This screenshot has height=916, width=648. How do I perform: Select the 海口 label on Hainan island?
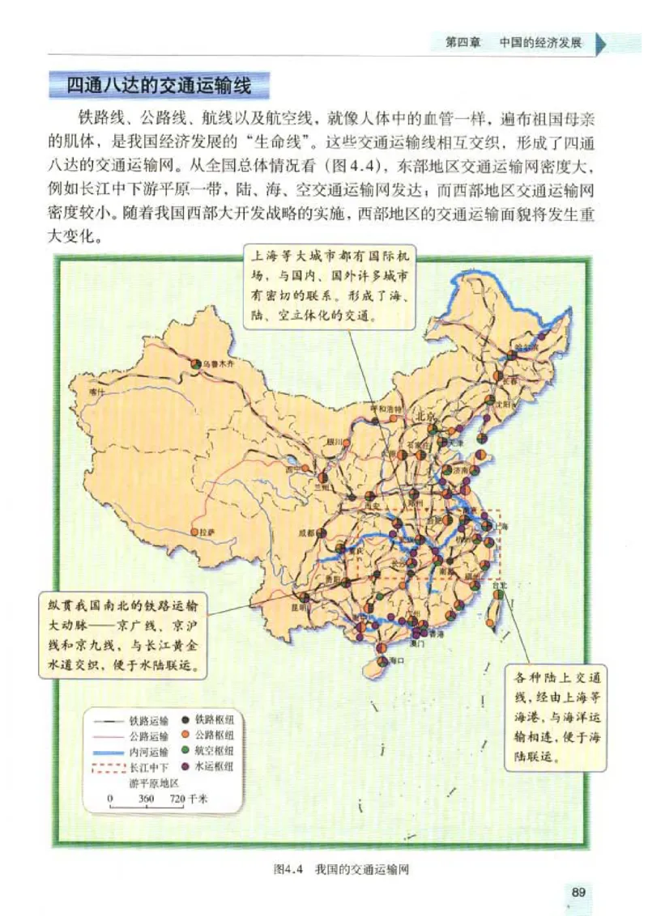[396, 661]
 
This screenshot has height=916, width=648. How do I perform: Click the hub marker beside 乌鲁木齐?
[197, 365]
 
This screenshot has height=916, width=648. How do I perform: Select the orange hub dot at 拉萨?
[194, 532]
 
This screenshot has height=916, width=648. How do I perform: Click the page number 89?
[578, 892]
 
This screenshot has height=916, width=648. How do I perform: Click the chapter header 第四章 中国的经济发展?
[514, 43]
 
